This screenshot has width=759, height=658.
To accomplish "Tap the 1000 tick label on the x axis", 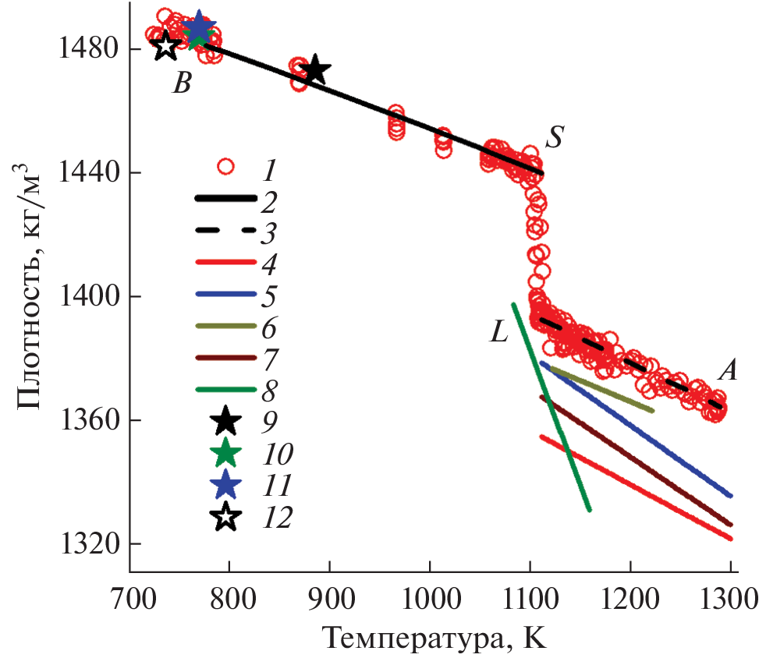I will [430, 601].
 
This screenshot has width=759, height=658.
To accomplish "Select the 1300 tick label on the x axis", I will [729, 601].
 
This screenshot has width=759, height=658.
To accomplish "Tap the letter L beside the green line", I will [499, 333].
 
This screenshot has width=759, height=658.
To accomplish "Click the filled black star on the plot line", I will [315, 70].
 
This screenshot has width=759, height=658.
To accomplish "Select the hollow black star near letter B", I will [165, 46].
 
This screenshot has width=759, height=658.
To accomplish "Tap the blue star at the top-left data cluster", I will [200, 26].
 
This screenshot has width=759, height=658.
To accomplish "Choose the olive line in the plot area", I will [601, 390].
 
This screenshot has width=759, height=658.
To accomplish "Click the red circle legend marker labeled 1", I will [225, 166].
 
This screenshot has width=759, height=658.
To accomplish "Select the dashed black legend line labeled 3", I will [225, 232].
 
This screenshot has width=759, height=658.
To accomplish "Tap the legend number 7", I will [268, 360].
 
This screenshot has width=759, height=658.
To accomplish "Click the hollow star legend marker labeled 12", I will [226, 516].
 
